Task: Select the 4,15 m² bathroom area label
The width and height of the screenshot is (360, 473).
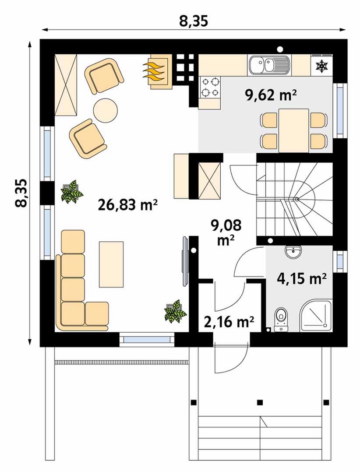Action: click(302, 279)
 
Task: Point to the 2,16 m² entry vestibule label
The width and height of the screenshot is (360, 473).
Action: click(229, 322)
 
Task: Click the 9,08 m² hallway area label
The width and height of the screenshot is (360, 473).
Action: click(226, 232)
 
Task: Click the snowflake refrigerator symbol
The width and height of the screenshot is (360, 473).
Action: click(321, 67)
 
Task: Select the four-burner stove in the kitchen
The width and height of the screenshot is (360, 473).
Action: click(210, 87)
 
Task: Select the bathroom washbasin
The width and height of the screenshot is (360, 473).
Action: click(293, 252)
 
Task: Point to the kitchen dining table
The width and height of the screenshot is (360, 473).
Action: click(293, 131)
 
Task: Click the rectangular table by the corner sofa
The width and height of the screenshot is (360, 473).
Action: click(111, 264)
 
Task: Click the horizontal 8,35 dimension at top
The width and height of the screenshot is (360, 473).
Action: click(194, 29)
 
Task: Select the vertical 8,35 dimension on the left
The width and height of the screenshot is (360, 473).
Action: click(29, 193)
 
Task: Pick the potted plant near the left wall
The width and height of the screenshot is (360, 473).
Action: click(72, 191)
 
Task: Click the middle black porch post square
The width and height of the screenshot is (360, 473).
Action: click(260, 402)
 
